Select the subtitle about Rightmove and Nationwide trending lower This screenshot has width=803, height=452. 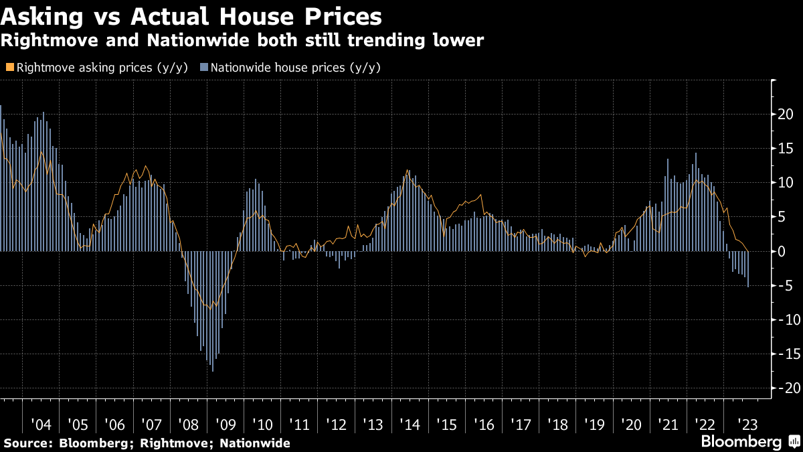tap(242, 41)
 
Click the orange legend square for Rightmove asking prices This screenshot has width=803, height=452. tap(9, 67)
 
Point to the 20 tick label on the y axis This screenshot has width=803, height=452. tap(786, 114)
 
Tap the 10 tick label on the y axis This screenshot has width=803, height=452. tap(786, 182)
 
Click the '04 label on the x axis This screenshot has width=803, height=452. tap(41, 425)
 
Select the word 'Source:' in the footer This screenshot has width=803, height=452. tap(29, 443)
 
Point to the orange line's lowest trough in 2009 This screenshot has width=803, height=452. tap(211, 309)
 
